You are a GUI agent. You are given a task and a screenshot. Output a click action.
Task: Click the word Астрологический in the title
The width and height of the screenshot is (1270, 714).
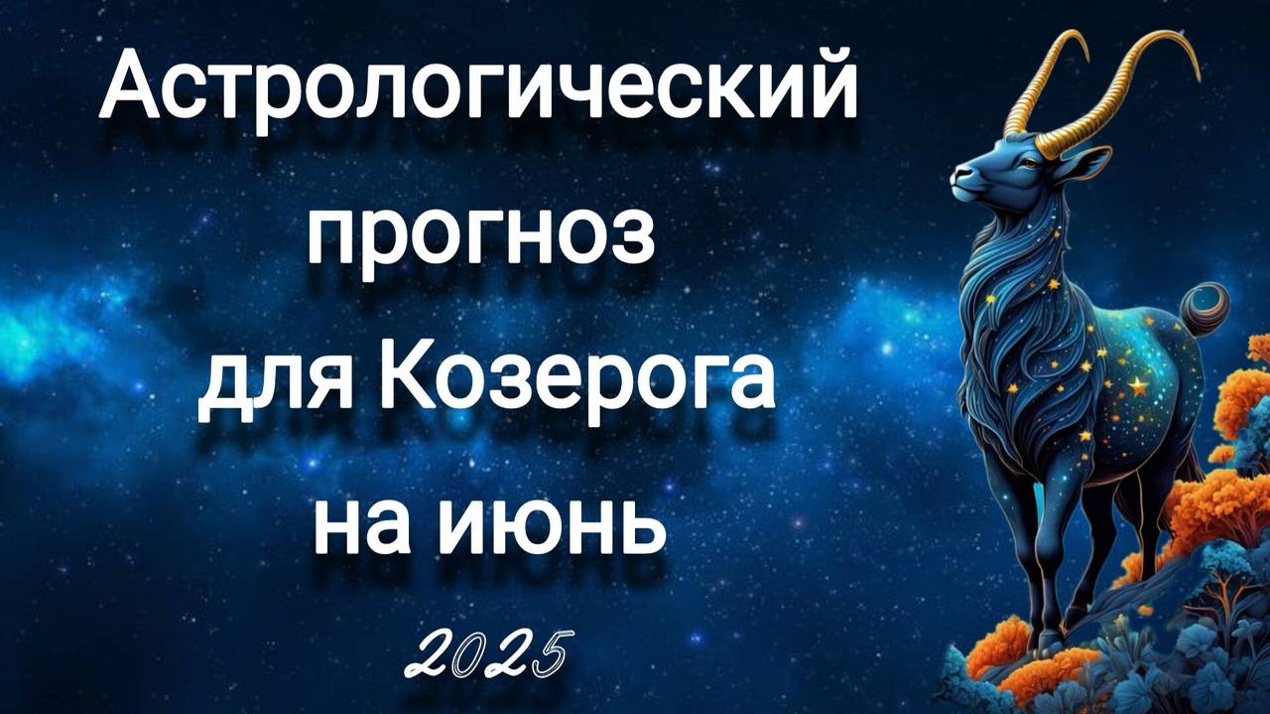pos(477,90)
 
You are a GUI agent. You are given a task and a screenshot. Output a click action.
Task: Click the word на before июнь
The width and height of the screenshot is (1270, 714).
pos(368,522)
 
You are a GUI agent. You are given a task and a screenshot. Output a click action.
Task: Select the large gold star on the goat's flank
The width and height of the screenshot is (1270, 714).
pos(1137,387)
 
